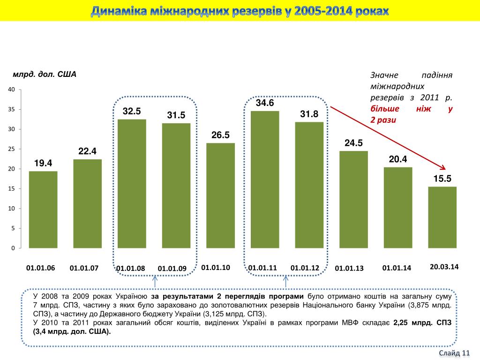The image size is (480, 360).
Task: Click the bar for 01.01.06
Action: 43,210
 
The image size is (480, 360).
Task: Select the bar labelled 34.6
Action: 265,180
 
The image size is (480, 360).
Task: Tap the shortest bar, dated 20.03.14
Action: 442,217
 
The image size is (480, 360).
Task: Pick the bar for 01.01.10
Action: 220,195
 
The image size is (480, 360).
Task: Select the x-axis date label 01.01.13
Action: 349,269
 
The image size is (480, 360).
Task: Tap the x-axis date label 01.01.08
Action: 131,269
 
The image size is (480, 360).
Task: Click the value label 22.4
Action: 87,151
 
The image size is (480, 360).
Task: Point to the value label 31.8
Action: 309,114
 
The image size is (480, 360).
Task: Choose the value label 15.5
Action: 442,179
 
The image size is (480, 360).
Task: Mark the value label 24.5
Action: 353,143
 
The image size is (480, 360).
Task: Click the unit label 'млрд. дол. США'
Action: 45,75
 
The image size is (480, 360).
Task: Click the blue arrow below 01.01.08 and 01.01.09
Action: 155,281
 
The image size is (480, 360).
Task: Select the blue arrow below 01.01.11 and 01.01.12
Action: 285,281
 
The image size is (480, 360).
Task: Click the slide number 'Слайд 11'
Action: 454,353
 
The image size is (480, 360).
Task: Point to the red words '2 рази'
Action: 383,120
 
